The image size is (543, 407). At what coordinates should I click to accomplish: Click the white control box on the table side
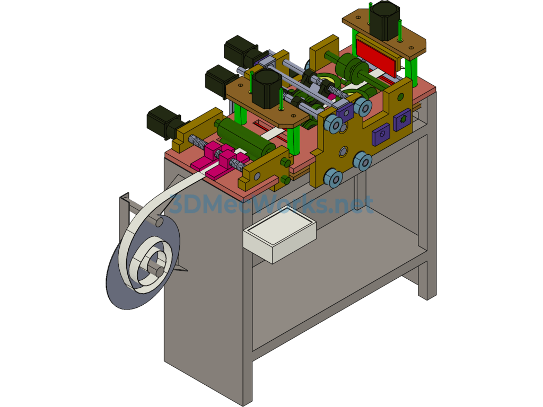280,235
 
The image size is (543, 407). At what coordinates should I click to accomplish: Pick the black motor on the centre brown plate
266,89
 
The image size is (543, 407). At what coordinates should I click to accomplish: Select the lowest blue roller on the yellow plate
333,178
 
